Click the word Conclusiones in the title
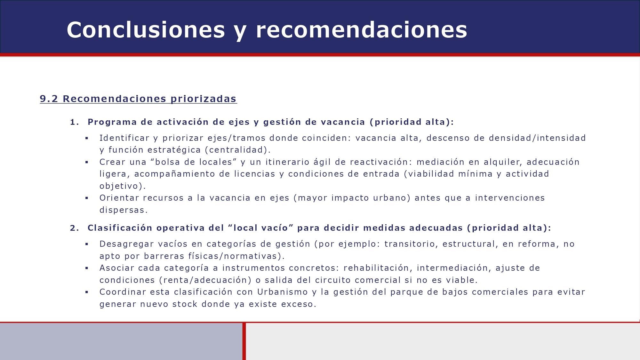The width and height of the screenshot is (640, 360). tap(146, 30)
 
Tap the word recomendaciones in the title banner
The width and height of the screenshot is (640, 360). tap(361, 30)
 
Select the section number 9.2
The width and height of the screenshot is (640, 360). tap(49, 99)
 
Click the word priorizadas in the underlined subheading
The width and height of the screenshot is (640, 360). tap(204, 99)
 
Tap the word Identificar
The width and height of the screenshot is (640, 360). tap(124, 138)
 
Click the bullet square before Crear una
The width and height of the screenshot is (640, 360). tap(87, 162)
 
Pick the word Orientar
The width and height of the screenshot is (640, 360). tap(119, 198)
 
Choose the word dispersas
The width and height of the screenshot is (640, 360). tap(124, 210)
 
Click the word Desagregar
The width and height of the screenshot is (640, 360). tap(127, 244)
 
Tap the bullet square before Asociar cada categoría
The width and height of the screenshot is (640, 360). tap(87, 268)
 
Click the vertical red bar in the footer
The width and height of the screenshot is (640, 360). tap(244, 341)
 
